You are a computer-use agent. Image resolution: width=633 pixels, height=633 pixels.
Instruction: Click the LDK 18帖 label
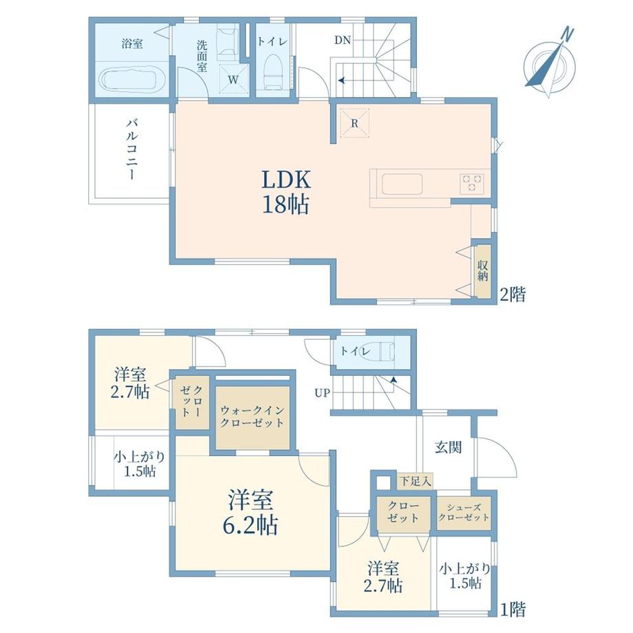pyautogui.click(x=285, y=192)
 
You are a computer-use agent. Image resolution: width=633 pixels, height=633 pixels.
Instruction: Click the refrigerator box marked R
pyautogui.click(x=354, y=123)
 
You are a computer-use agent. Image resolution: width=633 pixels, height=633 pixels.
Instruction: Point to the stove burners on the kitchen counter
pyautogui.click(x=473, y=182)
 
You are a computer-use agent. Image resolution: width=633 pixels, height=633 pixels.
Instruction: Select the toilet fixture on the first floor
pyautogui.click(x=374, y=352)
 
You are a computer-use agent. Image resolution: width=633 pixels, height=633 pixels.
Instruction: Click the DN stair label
pyautogui.click(x=343, y=40)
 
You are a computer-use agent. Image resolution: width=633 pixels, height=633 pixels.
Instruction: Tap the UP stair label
pyautogui.click(x=321, y=394)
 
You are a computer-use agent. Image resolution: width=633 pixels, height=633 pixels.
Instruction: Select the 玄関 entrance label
pyautogui.click(x=448, y=447)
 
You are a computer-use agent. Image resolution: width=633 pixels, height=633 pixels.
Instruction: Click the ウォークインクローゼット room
pyautogui.click(x=253, y=418)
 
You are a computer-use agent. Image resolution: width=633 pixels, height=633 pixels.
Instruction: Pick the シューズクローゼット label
pyautogui.click(x=464, y=513)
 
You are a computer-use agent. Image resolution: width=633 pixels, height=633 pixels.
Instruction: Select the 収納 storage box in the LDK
pyautogui.click(x=482, y=270)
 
